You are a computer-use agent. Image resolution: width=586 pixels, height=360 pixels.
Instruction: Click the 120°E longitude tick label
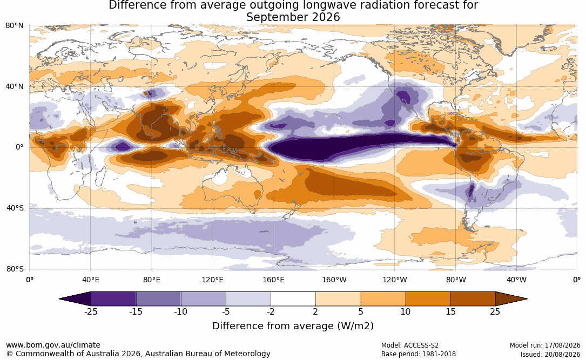pyautogui.click(x=212, y=280)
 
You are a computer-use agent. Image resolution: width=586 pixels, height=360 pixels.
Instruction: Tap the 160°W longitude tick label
pyautogui.click(x=334, y=280)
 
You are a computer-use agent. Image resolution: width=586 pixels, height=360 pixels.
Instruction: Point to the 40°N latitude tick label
pyautogui.click(x=15, y=87)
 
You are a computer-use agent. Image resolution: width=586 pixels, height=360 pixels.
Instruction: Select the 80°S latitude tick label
pyautogui.click(x=15, y=269)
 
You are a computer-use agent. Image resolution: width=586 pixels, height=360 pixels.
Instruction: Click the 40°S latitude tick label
pyautogui.click(x=15, y=208)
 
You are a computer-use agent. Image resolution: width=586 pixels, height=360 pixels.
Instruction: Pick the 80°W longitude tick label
pyautogui.click(x=456, y=280)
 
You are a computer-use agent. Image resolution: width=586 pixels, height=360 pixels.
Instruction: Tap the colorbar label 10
pyautogui.click(x=406, y=312)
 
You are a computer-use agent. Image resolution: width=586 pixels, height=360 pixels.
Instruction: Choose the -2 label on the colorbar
pyautogui.click(x=271, y=312)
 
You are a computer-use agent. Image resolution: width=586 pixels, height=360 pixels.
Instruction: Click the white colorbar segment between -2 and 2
pyautogui.click(x=293, y=299)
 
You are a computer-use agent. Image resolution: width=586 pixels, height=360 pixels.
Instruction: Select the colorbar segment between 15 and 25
pyautogui.click(x=473, y=299)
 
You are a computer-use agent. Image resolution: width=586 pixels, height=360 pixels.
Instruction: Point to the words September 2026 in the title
pyautogui.click(x=293, y=17)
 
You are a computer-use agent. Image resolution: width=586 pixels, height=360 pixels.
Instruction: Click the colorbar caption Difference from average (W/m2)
pyautogui.click(x=293, y=326)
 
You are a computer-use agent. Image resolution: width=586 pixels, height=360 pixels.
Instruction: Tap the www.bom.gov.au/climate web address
pyautogui.click(x=53, y=345)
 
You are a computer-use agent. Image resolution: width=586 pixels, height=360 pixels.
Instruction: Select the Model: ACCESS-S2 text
pyautogui.click(x=409, y=345)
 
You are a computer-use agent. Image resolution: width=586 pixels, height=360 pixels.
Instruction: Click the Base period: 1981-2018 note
pyautogui.click(x=419, y=354)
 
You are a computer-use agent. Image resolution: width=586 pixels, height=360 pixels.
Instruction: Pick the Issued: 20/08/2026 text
pyautogui.click(x=550, y=354)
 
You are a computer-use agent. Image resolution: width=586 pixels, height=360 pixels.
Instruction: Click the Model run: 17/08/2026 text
pyautogui.click(x=545, y=345)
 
